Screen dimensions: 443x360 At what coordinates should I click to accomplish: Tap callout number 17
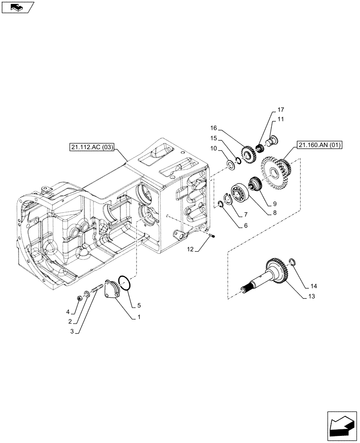(281, 109)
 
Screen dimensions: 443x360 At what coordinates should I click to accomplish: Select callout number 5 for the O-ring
(139, 305)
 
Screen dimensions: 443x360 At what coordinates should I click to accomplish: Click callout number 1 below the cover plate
(139, 318)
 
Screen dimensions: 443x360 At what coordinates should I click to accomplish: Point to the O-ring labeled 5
(125, 283)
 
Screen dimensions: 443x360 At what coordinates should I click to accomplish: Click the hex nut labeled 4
(79, 297)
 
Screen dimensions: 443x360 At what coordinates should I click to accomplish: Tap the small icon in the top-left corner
(18, 7)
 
